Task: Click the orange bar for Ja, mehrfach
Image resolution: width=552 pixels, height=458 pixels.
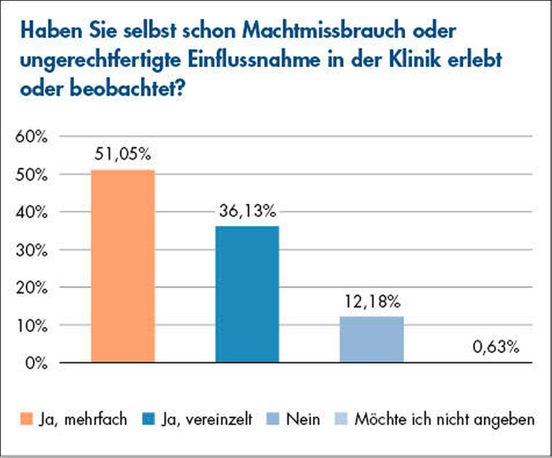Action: (123, 266)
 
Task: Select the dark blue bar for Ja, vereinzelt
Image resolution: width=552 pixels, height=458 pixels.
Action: (247, 294)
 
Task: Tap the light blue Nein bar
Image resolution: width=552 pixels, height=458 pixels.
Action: (371, 339)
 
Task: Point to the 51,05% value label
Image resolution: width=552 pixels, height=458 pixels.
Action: (123, 155)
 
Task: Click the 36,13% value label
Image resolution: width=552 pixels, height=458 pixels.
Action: (247, 211)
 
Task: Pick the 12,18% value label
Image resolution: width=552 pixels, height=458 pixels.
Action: (371, 301)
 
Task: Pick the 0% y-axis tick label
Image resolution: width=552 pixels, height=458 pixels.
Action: (34, 363)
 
